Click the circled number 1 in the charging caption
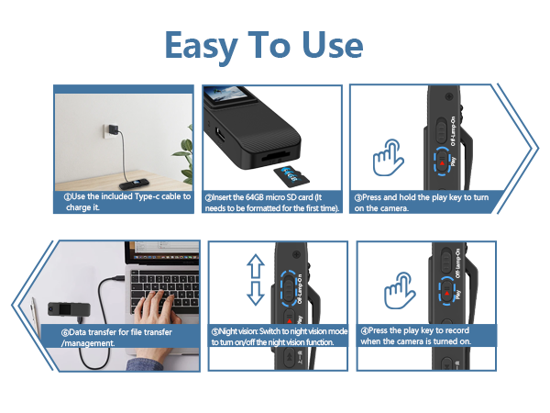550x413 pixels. pos(67,195)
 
